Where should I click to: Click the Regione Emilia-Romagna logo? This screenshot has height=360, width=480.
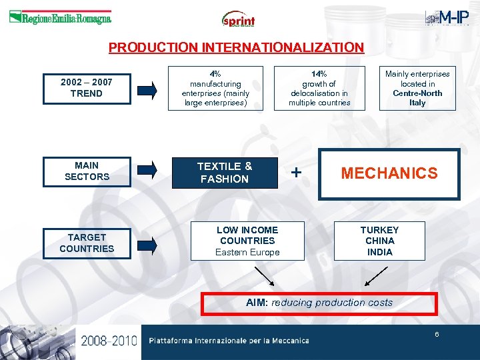click(60, 18)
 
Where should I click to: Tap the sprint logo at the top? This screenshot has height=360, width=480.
click(239, 19)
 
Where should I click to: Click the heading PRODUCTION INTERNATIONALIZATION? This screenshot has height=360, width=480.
click(236, 48)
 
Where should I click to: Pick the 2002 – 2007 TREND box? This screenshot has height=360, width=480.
click(87, 88)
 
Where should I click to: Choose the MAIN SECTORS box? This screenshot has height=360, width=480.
click(87, 171)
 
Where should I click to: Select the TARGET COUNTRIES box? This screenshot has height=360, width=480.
click(87, 243)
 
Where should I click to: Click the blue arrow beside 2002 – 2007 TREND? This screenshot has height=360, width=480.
click(152, 88)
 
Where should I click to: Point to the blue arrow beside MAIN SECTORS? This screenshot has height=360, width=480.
click(152, 171)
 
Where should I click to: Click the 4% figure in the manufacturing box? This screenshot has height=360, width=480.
click(215, 73)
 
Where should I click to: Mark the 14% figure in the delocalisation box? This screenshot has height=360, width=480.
click(319, 73)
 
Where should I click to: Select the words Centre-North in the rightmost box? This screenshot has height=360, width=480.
click(417, 93)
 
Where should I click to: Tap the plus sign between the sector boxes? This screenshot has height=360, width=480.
click(297, 173)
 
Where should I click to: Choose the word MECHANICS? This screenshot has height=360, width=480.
click(389, 174)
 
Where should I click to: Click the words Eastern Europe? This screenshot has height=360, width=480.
click(247, 252)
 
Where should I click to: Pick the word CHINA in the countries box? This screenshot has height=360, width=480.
click(379, 241)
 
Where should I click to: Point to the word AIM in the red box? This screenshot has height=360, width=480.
click(256, 303)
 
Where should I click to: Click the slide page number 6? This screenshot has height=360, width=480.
click(437, 334)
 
